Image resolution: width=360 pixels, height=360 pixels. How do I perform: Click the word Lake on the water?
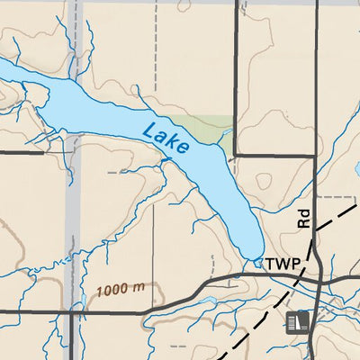pyautogui.click(x=166, y=137)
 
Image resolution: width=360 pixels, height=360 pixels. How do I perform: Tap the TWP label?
pyautogui.click(x=282, y=264)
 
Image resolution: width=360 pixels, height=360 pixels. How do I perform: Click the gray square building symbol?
pyautogui.click(x=296, y=322)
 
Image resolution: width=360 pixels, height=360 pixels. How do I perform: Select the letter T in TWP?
pyautogui.click(x=272, y=264)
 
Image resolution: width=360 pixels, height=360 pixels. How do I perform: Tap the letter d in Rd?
pyautogui.click(x=303, y=214)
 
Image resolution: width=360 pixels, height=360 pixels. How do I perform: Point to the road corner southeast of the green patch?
pyautogui.click(x=236, y=155)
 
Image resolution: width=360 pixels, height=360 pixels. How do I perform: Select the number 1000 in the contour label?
pyautogui.click(x=112, y=292)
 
